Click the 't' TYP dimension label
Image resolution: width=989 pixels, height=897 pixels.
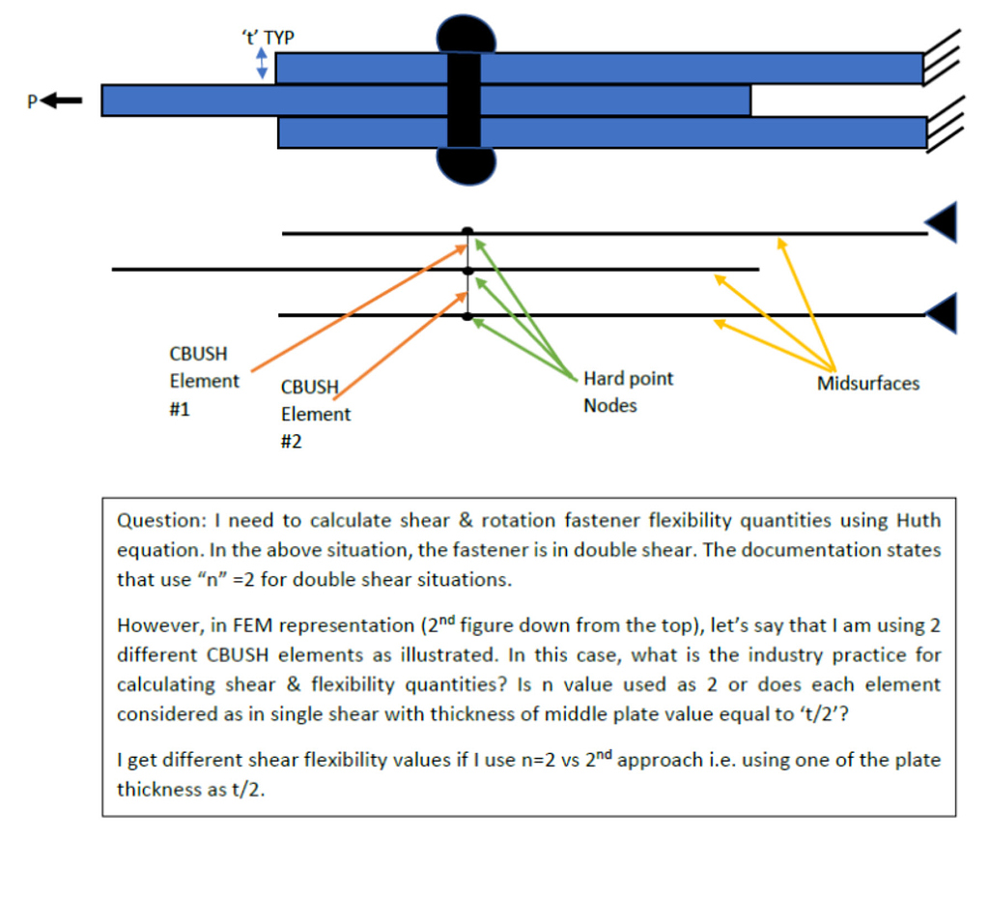pyautogui.click(x=268, y=38)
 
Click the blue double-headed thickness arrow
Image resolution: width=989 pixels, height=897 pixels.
pyautogui.click(x=261, y=65)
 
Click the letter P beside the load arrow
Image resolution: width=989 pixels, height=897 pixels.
pyautogui.click(x=34, y=101)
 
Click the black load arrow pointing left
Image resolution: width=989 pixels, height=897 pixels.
pyautogui.click(x=67, y=100)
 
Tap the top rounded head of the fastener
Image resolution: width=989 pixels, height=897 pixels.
pyautogui.click(x=466, y=34)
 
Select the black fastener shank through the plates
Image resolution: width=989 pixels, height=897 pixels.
pyautogui.click(x=465, y=100)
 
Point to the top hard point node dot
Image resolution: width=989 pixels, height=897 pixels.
pyautogui.click(x=467, y=231)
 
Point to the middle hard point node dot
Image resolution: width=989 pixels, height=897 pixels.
pyautogui.click(x=467, y=271)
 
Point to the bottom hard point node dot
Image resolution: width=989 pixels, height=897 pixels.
pyautogui.click(x=467, y=316)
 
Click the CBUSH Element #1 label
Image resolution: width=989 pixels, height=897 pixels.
pyautogui.click(x=204, y=381)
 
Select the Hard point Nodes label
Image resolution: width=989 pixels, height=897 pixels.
pyautogui.click(x=628, y=391)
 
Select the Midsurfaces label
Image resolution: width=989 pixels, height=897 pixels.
pyautogui.click(x=867, y=384)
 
